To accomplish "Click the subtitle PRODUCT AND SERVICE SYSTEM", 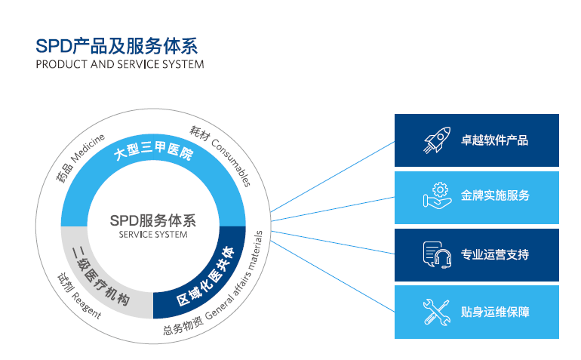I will (119, 64).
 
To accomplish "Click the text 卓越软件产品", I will (494, 140).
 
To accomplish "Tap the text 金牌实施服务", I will (495, 195).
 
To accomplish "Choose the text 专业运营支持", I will (494, 254).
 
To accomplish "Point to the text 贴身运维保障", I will (494, 311).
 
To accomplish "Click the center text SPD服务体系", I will (152, 221).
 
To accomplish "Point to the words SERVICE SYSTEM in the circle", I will (152, 235).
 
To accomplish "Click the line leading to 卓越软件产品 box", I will (332, 175).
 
